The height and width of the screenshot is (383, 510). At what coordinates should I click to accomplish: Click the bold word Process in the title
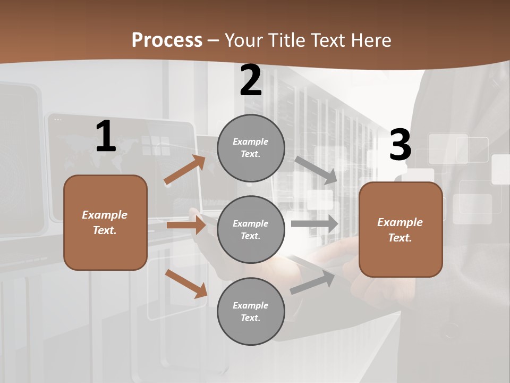(x=167, y=40)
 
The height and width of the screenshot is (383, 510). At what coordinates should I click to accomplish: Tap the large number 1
(x=105, y=137)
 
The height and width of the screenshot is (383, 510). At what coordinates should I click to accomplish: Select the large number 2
(x=251, y=80)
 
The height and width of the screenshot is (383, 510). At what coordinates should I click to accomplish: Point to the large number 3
(x=400, y=145)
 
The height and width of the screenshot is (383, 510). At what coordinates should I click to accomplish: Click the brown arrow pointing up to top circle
(x=184, y=170)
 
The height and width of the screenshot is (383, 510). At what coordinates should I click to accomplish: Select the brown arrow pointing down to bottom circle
(x=186, y=284)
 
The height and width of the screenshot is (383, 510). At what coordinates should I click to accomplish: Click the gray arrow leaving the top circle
(x=316, y=170)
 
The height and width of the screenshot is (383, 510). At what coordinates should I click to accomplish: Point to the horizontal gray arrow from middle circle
(x=314, y=223)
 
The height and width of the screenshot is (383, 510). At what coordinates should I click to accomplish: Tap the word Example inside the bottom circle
(x=250, y=305)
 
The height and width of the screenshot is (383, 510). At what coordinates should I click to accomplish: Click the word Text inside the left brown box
(x=105, y=230)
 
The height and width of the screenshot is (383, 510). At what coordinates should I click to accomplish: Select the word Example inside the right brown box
(x=400, y=222)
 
